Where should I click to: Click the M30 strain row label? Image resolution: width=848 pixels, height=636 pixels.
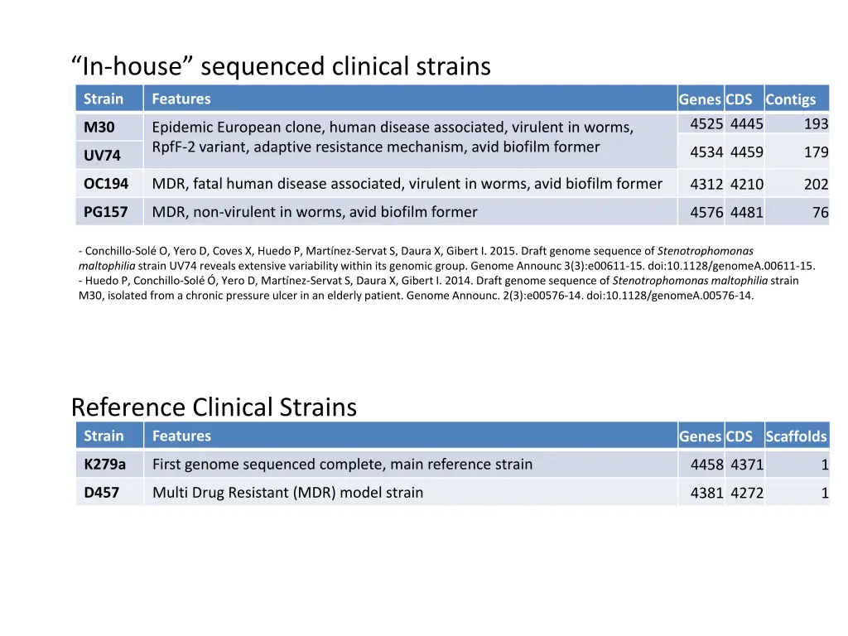coord(99,128)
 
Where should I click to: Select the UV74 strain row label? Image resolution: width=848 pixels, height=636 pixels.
coord(102,155)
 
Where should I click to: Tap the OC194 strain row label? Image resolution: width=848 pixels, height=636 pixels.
coord(106,184)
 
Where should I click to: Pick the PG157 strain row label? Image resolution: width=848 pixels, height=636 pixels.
coord(106,212)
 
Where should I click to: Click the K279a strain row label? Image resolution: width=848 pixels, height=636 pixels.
coord(104,464)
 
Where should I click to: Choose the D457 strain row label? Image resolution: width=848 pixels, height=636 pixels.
coord(101,493)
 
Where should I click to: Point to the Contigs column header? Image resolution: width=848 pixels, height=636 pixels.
coord(790,99)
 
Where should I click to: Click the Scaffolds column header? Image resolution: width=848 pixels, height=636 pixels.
coord(796,436)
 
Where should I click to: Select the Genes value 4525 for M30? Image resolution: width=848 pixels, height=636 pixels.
coord(706,124)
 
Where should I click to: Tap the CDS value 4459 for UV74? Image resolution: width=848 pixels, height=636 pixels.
coord(747,152)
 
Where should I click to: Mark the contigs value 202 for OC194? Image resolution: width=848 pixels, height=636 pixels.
coord(816,185)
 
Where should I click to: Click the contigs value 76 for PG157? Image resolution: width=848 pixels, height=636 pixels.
coord(820,213)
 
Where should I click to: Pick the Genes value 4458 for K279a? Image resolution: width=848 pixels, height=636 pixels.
coord(706,465)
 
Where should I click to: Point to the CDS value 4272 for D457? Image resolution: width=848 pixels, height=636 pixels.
coord(747,494)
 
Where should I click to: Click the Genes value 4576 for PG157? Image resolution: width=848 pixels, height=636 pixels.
coord(706,213)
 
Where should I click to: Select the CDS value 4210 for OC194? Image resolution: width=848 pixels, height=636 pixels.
coord(747,185)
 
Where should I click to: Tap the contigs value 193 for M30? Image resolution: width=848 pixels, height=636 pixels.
coord(816,124)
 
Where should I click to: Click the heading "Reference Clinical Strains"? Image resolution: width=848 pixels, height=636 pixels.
coord(214,407)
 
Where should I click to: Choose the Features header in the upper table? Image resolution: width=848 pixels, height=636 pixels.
coord(181,99)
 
